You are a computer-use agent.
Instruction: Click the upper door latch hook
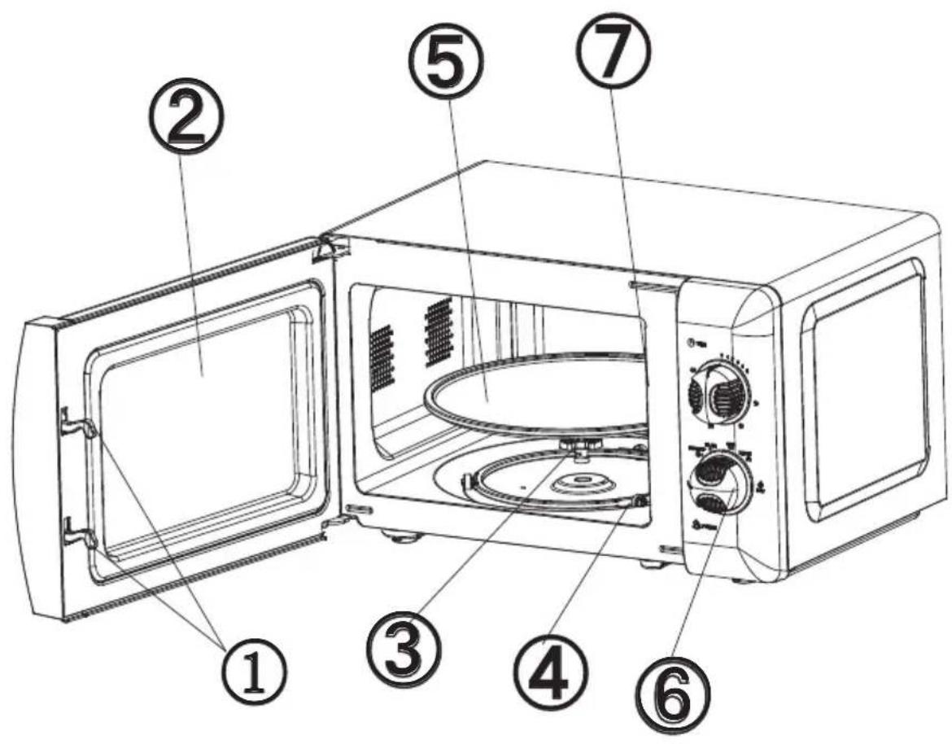coord(78,423)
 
